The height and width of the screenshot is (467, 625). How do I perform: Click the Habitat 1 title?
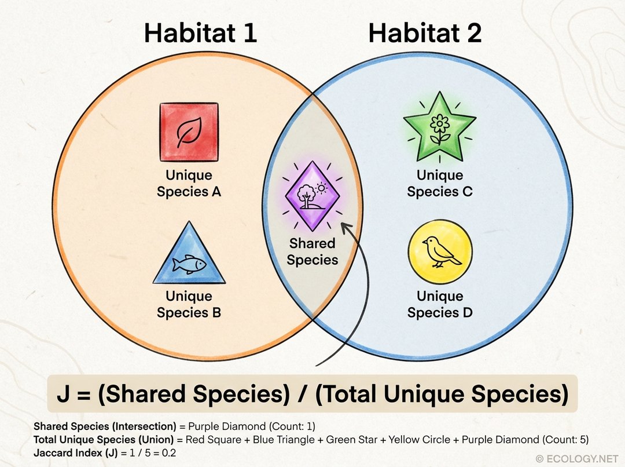[x=200, y=34]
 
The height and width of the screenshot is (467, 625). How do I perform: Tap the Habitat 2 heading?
[x=425, y=34]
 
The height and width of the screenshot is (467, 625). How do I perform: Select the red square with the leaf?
[x=189, y=132]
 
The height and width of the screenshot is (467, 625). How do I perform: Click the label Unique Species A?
[x=189, y=183]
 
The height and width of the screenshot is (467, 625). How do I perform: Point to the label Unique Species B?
[x=189, y=304]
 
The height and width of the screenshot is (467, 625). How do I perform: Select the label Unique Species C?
[x=440, y=183]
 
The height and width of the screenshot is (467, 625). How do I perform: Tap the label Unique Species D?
[x=440, y=304]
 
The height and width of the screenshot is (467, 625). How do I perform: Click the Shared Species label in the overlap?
[x=312, y=252]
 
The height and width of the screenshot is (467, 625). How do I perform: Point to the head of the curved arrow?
[x=346, y=227]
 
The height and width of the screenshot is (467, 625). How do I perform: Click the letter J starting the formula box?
[x=64, y=394]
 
